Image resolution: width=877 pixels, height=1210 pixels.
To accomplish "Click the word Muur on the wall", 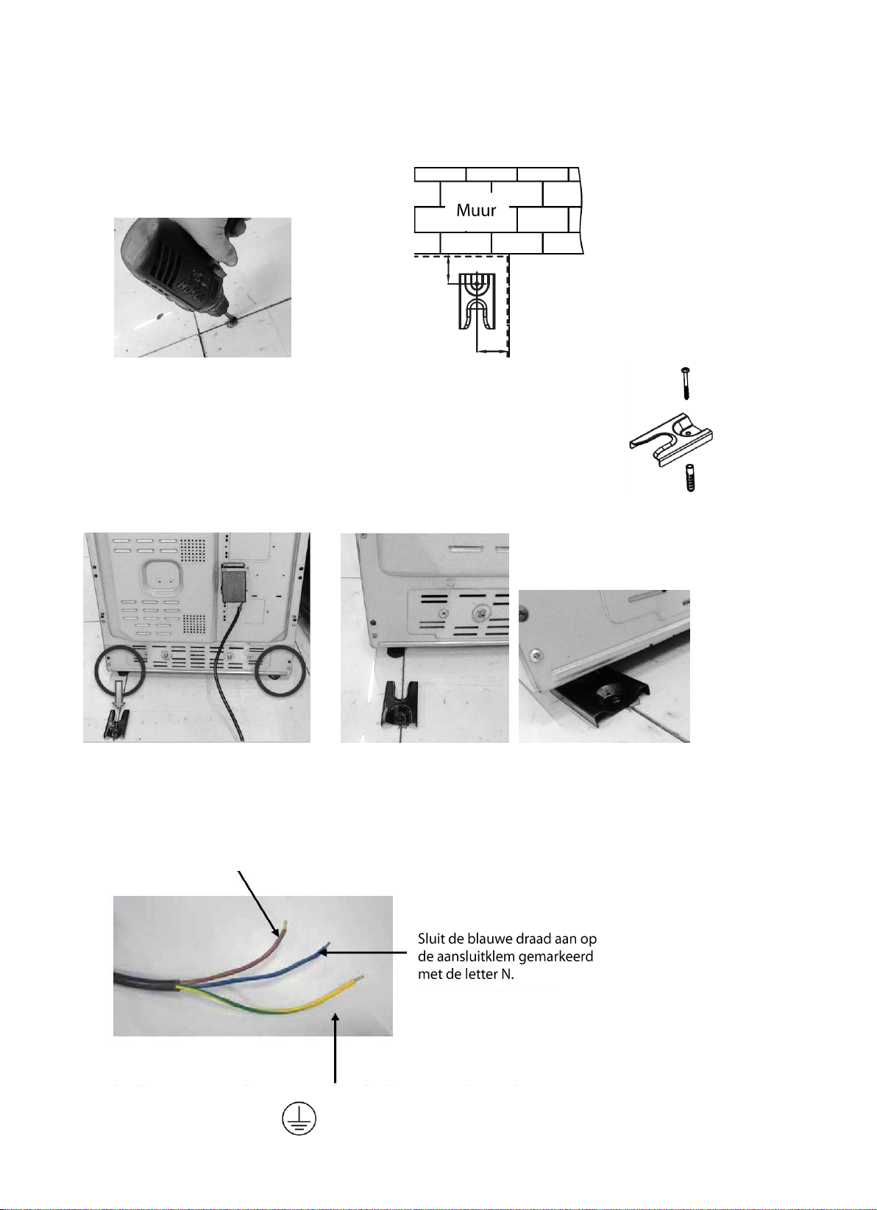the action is coord(476,210).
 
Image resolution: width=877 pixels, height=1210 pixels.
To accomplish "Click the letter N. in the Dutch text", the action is coord(506,975).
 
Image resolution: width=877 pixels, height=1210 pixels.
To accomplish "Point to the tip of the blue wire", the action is coord(327,946).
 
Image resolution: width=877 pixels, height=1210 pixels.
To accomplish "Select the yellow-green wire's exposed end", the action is coord(361,978).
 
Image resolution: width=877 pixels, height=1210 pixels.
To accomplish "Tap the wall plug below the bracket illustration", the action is coord(690,477).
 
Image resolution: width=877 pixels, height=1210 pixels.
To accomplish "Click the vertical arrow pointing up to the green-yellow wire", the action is coord(335,1048).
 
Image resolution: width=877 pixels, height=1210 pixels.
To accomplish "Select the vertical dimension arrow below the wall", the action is coord(448,270).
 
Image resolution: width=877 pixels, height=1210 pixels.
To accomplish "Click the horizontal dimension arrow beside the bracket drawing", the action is coord(492,352).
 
